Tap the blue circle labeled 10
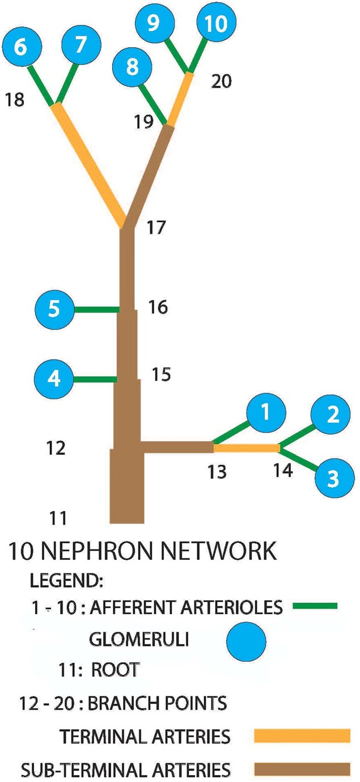[x=215, y=24]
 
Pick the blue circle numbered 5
[x=54, y=310]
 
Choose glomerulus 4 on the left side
[x=54, y=378]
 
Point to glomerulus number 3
[x=333, y=478]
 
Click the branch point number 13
[x=217, y=471]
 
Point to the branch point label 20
[x=222, y=82]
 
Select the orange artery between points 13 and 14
[x=246, y=448]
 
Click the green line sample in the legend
[x=315, y=606]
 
